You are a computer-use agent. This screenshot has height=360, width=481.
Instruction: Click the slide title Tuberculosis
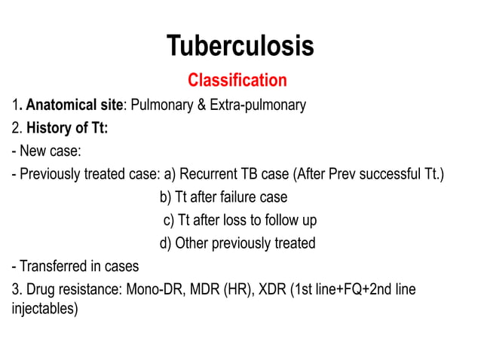240,47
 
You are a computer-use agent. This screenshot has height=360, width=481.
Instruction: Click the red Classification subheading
237,80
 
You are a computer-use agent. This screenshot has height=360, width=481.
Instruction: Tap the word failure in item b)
240,197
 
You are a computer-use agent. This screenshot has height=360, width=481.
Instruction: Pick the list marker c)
170,221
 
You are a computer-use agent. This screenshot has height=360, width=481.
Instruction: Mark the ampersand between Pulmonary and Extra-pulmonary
202,105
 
